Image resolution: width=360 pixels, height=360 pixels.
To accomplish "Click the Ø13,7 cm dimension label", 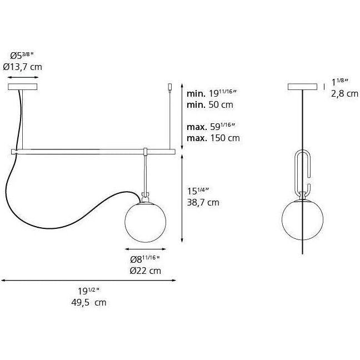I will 22,67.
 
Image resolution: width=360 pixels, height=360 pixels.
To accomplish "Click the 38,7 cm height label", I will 203,202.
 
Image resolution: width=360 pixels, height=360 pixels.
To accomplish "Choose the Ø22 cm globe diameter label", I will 146,271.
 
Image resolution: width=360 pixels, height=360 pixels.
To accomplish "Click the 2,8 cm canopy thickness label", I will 344,94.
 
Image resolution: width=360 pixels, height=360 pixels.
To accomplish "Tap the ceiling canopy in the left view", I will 23,87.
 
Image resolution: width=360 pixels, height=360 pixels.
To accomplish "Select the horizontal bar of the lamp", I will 94,151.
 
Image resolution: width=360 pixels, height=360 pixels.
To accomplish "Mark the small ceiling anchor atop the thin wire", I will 171,87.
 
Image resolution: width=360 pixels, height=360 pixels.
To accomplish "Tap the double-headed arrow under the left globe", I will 146,249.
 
